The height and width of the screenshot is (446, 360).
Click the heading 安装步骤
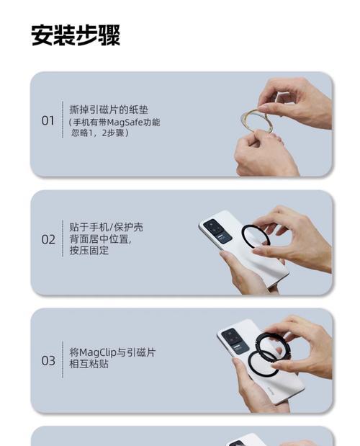76,35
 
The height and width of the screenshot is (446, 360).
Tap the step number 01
48,120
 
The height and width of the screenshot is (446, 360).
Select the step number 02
48,239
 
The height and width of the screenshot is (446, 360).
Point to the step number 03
48,360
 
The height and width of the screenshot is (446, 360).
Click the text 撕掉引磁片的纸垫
109,110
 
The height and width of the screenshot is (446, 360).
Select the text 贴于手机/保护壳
106,227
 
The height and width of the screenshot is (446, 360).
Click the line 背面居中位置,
100,239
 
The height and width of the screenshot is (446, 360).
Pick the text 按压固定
89,251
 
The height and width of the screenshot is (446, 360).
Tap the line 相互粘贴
89,365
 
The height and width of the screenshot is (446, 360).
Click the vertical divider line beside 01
63,120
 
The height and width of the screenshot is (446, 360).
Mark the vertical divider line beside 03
63,360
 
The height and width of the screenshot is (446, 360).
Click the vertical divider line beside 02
63,239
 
